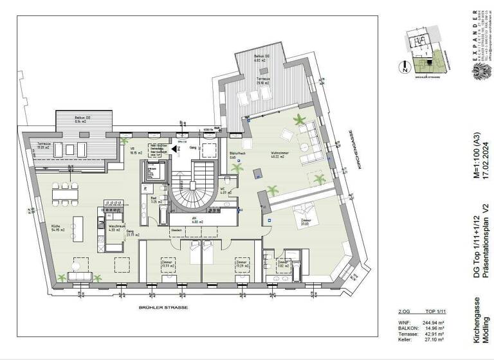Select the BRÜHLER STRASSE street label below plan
coord(163,308)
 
